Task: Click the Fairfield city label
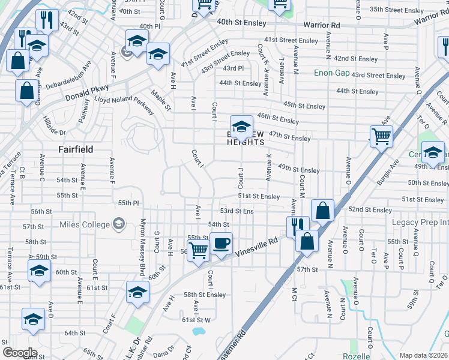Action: [75, 149]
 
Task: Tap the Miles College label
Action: [85, 224]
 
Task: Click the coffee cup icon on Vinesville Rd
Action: [221, 243]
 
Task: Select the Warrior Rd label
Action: [321, 25]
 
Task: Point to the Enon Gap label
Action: [331, 73]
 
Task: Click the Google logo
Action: [19, 353]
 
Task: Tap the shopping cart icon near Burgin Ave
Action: [381, 137]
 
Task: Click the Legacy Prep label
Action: [420, 223]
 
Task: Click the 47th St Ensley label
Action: [290, 137]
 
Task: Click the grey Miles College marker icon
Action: [119, 224]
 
